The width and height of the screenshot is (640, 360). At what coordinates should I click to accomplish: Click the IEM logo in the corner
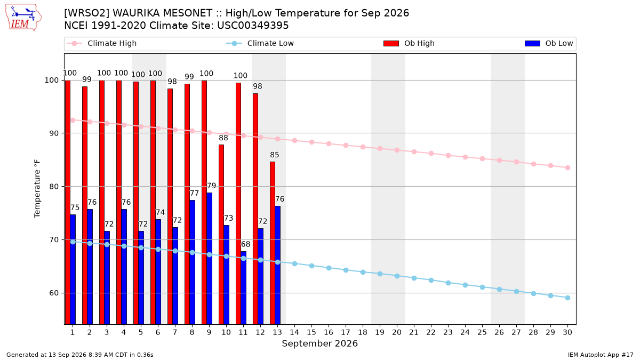pyautogui.click(x=23, y=18)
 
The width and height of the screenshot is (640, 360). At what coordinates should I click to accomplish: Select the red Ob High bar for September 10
pyautogui.click(x=221, y=235)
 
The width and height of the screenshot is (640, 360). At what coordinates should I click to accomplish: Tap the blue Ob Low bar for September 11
pyautogui.click(x=243, y=288)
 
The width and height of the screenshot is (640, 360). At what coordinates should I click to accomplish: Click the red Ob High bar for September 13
pyautogui.click(x=273, y=243)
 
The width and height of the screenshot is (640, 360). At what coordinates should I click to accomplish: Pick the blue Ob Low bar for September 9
pyautogui.click(x=210, y=259)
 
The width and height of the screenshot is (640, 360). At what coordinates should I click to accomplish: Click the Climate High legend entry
pyautogui.click(x=102, y=43)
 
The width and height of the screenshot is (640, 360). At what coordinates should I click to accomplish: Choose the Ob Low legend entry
pyautogui.click(x=549, y=43)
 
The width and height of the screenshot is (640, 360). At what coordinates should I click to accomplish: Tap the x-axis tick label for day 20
pyautogui.click(x=397, y=332)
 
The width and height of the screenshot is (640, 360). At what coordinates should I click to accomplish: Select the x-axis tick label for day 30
pyautogui.click(x=567, y=332)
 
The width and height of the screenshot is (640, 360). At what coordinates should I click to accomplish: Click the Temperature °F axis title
pyautogui.click(x=37, y=189)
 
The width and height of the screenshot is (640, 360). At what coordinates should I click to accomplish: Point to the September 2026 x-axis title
pyautogui.click(x=319, y=343)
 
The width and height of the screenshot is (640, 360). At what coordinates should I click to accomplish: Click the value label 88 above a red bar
pyautogui.click(x=223, y=138)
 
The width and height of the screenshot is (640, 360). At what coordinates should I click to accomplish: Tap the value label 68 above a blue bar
pyautogui.click(x=245, y=244)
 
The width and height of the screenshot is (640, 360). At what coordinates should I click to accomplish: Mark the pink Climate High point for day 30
pyautogui.click(x=567, y=167)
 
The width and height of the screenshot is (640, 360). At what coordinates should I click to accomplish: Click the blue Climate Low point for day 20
pyautogui.click(x=397, y=276)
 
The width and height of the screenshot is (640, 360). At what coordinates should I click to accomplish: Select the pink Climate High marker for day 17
pyautogui.click(x=346, y=146)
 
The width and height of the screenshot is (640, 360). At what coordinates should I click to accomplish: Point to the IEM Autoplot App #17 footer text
pyautogui.click(x=601, y=355)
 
